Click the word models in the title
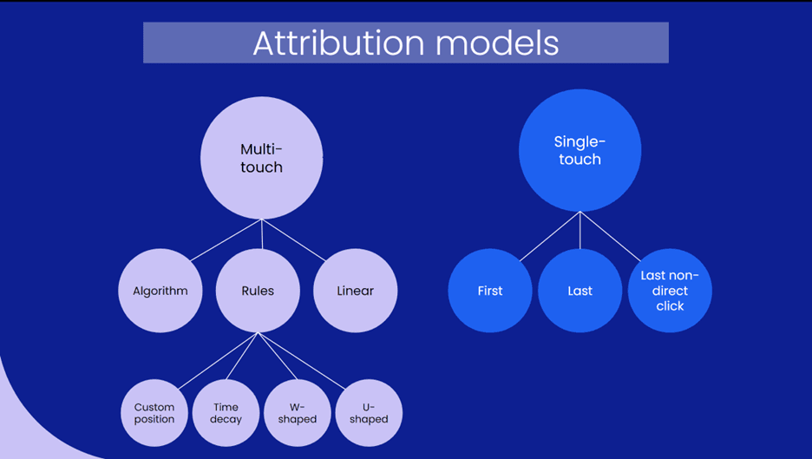[x=504, y=43]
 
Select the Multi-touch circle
[x=261, y=158]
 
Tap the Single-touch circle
[x=580, y=150]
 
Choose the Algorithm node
[x=160, y=291]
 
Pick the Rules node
[x=258, y=291]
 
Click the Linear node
[x=355, y=291]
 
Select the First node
[x=490, y=291]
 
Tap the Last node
[x=580, y=291]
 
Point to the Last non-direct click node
[x=670, y=291]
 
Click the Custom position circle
[x=154, y=413]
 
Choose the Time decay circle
[x=226, y=413]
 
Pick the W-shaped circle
[x=298, y=413]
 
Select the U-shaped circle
[x=369, y=413]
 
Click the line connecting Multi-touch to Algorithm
[x=226, y=240]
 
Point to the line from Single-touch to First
[x=549, y=236]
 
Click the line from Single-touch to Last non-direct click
[x=610, y=236]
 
